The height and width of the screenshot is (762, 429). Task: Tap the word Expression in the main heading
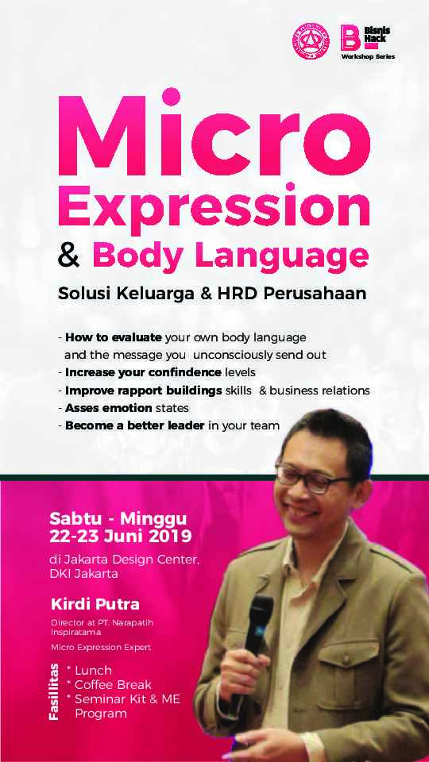click(214, 205)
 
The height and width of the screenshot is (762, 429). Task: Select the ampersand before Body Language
click(71, 256)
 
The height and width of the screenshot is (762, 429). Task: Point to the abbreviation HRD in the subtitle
click(243, 293)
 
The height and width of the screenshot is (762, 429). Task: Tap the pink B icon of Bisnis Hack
click(350, 37)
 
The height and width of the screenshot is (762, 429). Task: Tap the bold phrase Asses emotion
click(104, 407)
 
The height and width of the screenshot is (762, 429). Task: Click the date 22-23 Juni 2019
click(121, 535)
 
